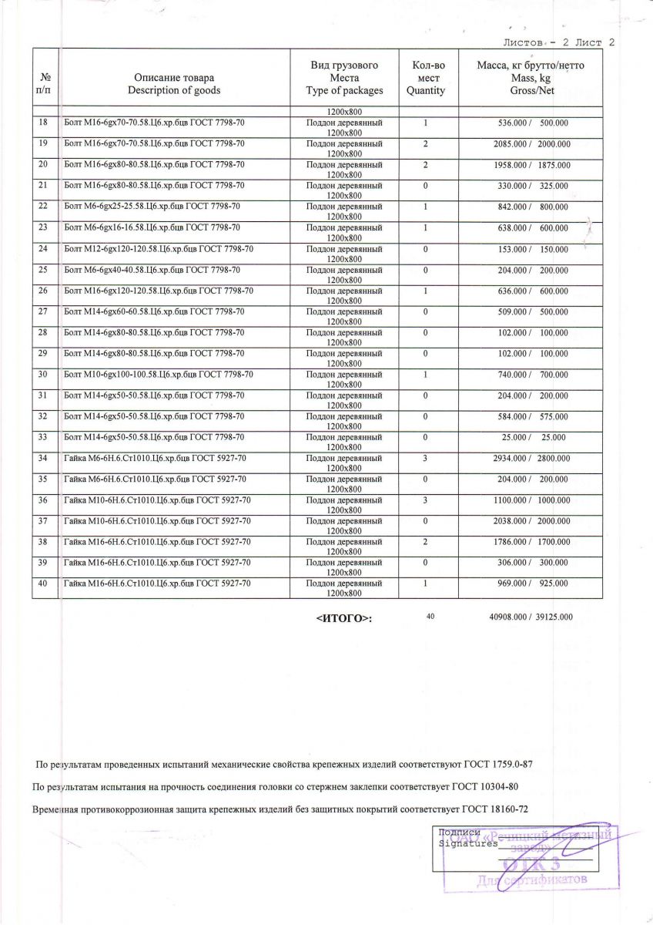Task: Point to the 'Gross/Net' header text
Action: [x=531, y=90]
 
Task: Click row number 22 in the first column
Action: [x=43, y=207]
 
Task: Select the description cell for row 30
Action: [x=159, y=374]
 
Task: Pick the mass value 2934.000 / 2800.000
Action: [x=531, y=458]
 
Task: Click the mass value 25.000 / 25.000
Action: [x=531, y=437]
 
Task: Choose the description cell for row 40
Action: [x=157, y=584]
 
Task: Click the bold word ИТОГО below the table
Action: [x=344, y=618]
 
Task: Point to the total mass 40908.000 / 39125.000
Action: [x=531, y=617]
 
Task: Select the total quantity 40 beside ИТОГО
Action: [x=430, y=617]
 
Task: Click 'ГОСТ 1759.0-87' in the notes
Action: [x=498, y=765]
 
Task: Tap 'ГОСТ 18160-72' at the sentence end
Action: [x=495, y=809]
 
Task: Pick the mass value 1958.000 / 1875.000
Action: [x=531, y=165]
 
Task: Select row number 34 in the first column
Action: [x=43, y=458]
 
